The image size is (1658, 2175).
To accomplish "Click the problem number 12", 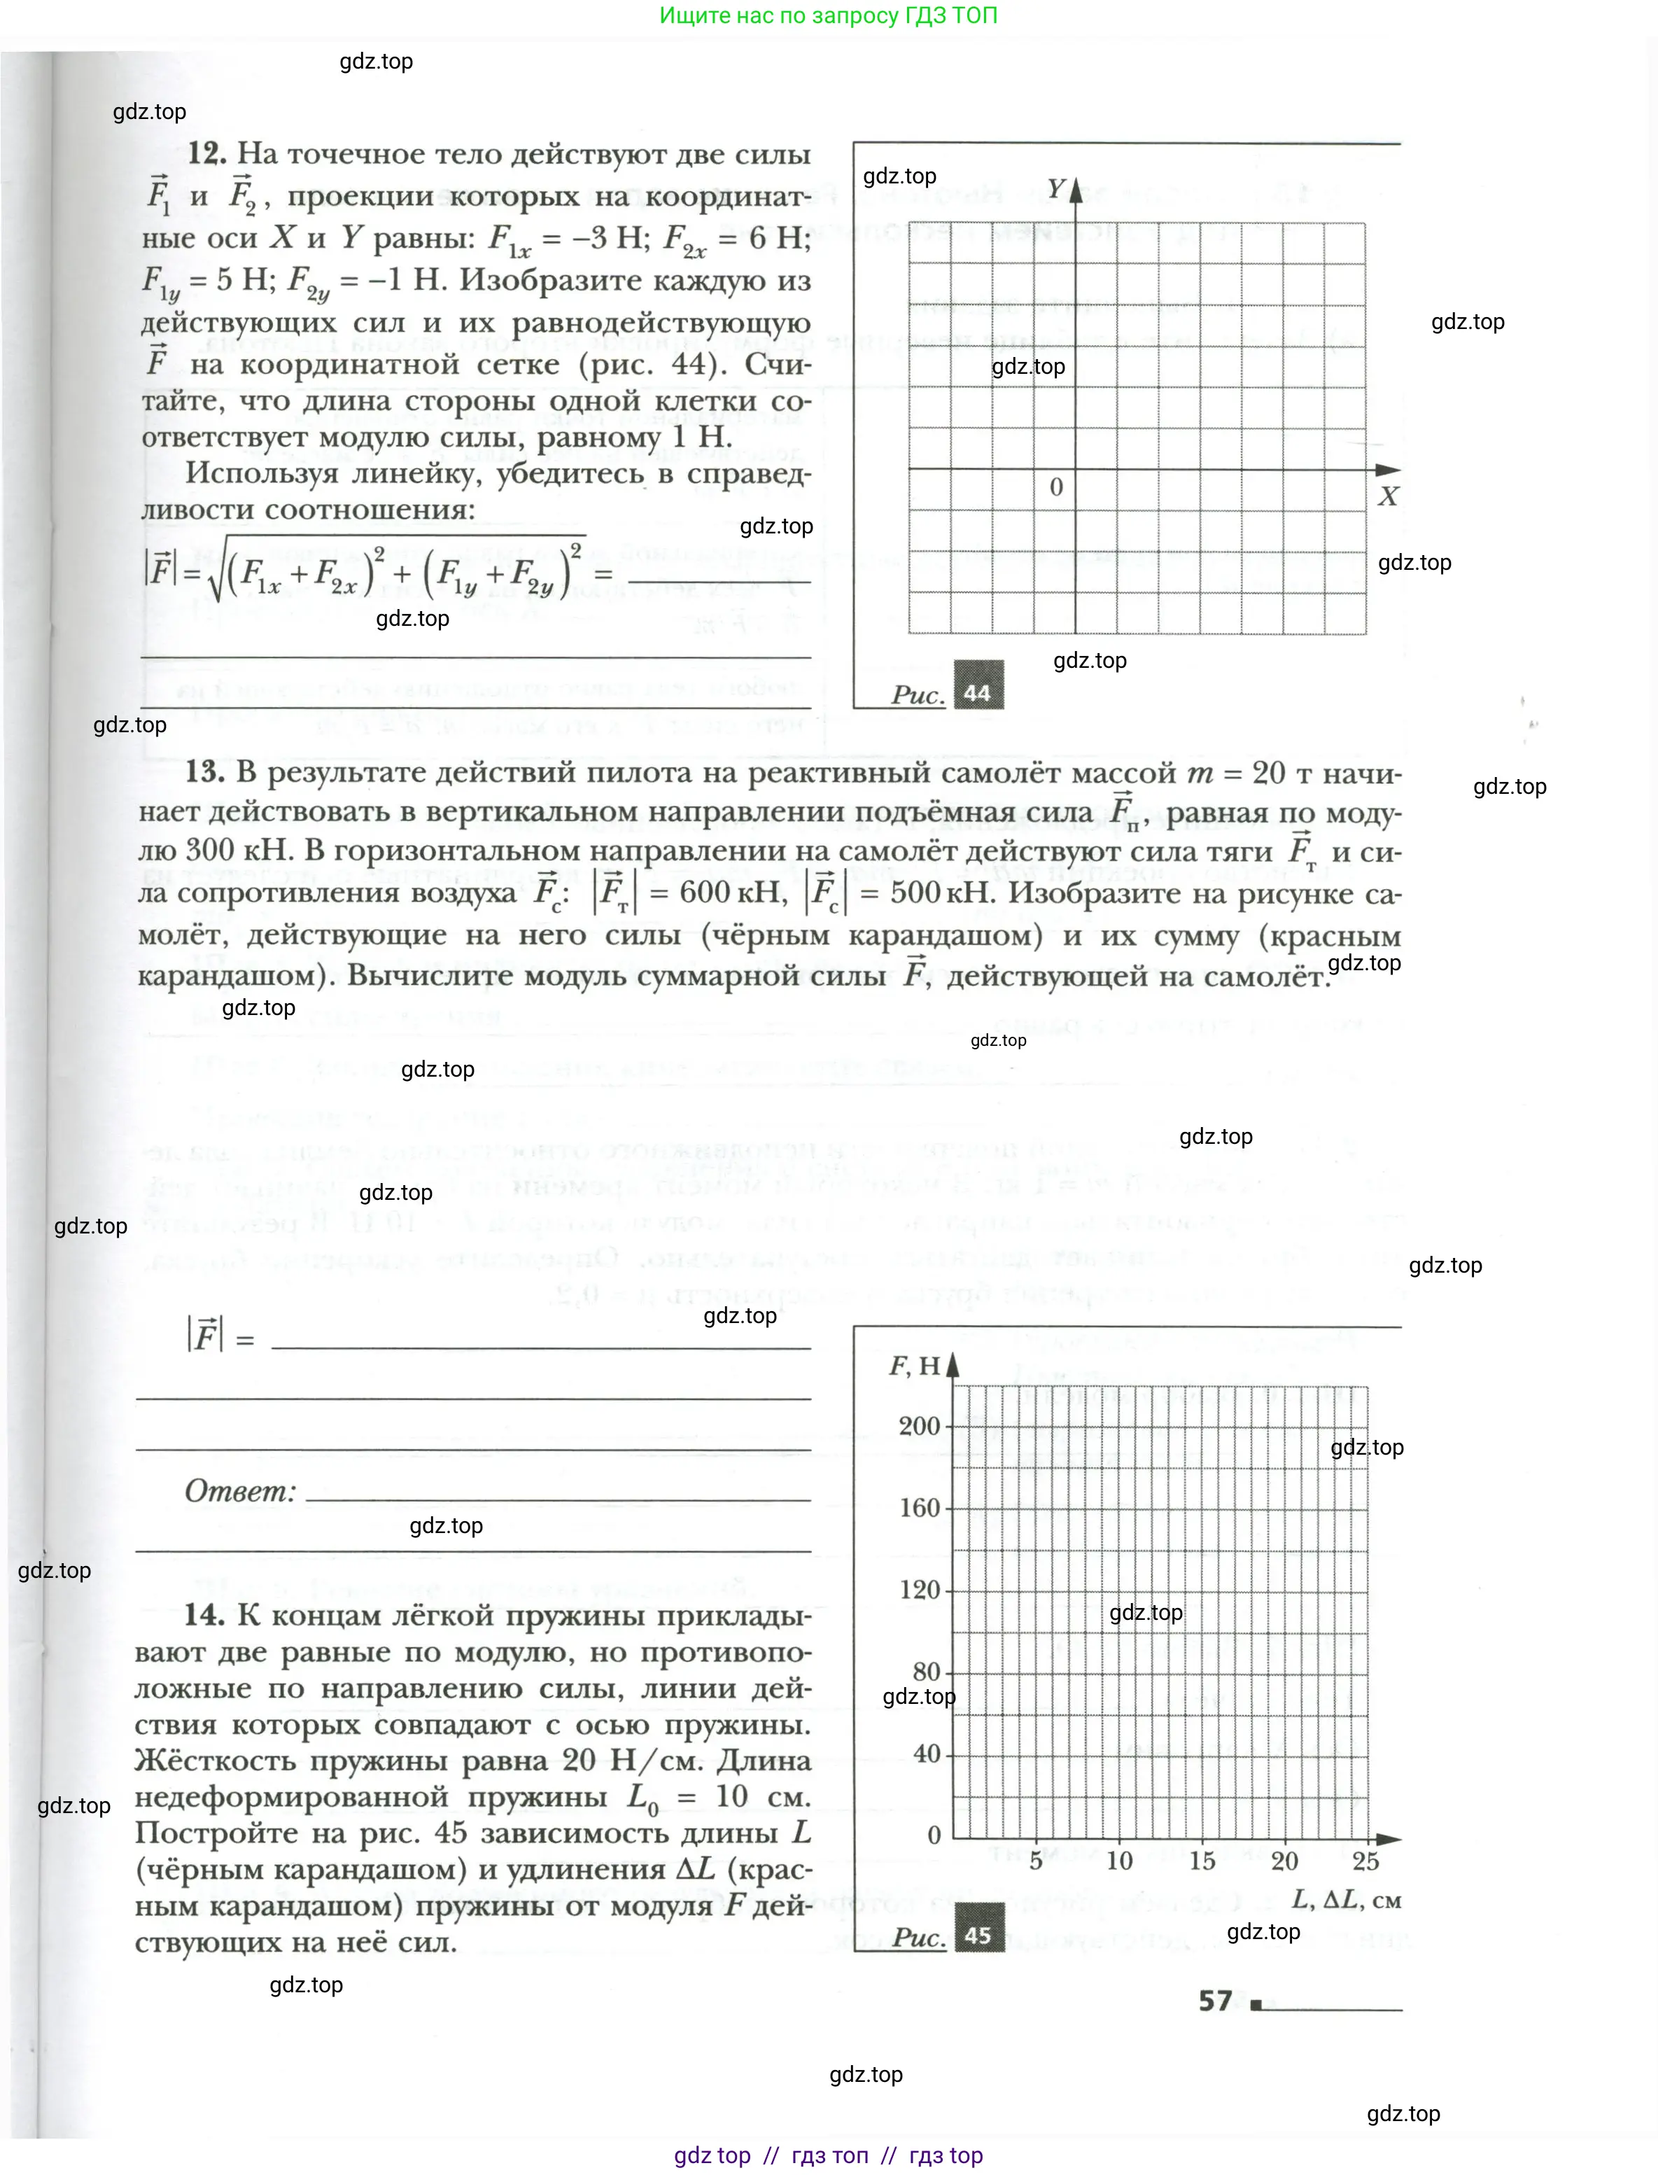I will (x=207, y=153).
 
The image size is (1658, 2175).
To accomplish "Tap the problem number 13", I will (x=204, y=771).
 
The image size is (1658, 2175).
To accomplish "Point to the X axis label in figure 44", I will (x=1388, y=496).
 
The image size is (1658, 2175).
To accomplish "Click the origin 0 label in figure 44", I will (x=1056, y=487).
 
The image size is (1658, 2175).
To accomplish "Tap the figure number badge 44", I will (x=977, y=692).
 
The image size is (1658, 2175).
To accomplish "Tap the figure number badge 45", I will (x=977, y=1935).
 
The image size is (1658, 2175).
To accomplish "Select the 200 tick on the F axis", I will (x=919, y=1426).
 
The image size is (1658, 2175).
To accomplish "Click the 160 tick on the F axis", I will (x=919, y=1508).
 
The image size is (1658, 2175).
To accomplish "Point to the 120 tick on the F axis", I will (x=919, y=1590).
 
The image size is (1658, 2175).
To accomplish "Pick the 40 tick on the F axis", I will (x=927, y=1754).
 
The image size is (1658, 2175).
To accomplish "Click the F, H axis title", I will (x=915, y=1366).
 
